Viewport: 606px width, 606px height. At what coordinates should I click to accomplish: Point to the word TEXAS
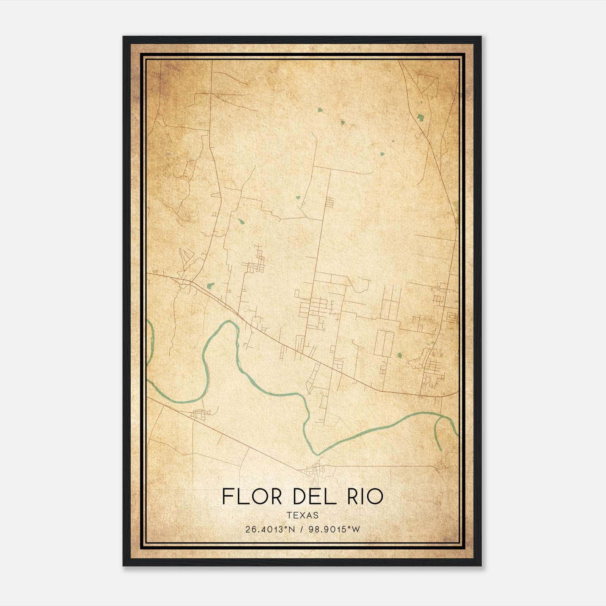[303, 515]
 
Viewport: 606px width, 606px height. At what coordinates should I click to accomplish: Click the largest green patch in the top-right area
[420, 117]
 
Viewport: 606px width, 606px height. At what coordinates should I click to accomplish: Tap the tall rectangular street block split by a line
[384, 343]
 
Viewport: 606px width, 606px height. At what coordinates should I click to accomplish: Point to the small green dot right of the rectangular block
[399, 355]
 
